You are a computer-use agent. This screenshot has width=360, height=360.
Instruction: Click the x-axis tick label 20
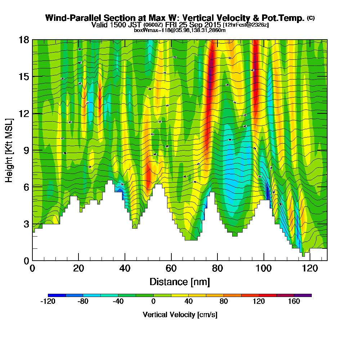pyautogui.click(x=78, y=268)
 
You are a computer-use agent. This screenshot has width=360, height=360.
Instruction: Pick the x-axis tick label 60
pyautogui.click(x=171, y=268)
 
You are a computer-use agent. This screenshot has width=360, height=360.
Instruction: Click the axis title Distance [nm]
pyautogui.click(x=180, y=281)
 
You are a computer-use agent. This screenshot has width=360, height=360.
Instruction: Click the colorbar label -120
pyautogui.click(x=48, y=302)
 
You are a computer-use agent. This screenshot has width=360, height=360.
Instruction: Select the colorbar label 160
pyautogui.click(x=294, y=302)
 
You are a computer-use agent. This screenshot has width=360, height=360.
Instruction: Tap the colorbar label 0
pyautogui.click(x=153, y=302)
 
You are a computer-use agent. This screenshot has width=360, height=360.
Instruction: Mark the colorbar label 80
pyautogui.click(x=224, y=302)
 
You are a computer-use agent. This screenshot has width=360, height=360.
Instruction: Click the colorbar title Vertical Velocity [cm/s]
pyautogui.click(x=180, y=315)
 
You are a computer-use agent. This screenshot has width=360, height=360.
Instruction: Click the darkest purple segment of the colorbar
pyautogui.click(x=303, y=295)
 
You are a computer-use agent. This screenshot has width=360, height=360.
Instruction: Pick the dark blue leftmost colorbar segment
pyautogui.click(x=57, y=295)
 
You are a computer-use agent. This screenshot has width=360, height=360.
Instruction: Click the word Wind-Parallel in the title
pyautogui.click(x=70, y=18)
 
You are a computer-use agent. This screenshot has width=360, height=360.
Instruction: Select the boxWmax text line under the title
pyautogui.click(x=180, y=30)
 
